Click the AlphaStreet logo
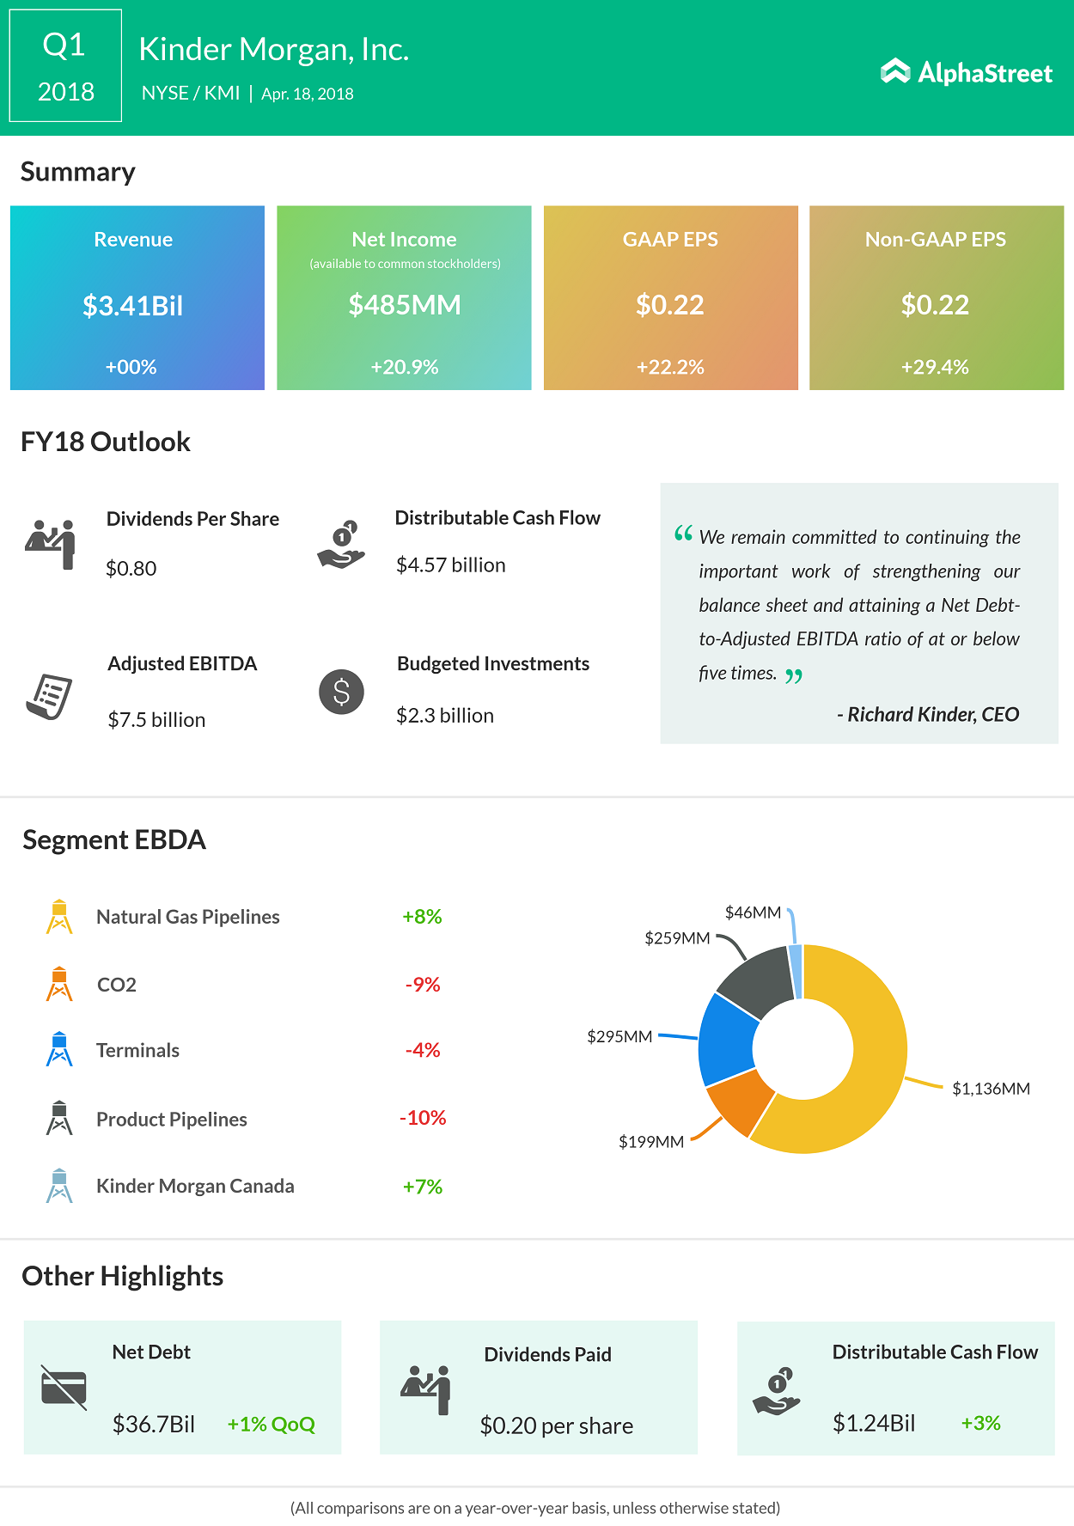tap(967, 72)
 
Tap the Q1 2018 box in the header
tap(65, 66)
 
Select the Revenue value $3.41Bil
tap(132, 306)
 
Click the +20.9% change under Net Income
tap(404, 367)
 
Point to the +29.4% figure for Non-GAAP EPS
tap(935, 367)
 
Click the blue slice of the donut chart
tap(727, 1040)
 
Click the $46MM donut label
tap(753, 912)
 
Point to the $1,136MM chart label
tap(991, 1089)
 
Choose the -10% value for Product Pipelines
tap(423, 1118)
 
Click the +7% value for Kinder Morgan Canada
tap(423, 1187)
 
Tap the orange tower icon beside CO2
tap(59, 985)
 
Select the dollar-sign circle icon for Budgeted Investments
tap(341, 692)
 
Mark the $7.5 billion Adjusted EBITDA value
tap(156, 720)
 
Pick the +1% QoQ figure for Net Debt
tap(271, 1425)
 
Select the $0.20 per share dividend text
tap(556, 1426)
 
